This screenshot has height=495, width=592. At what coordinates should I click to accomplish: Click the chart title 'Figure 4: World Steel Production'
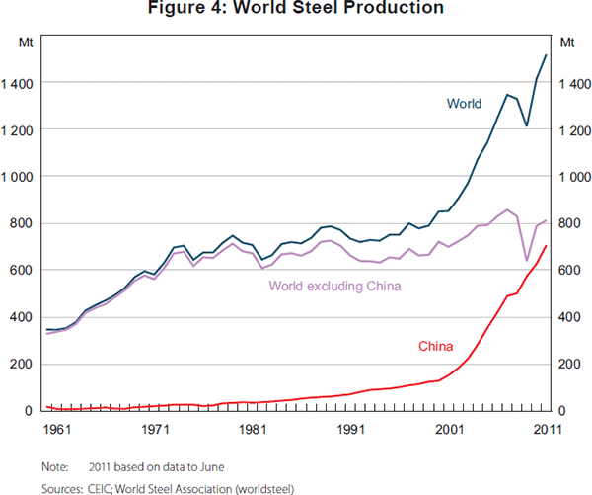click(x=295, y=9)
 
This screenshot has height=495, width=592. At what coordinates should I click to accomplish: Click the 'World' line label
click(x=464, y=103)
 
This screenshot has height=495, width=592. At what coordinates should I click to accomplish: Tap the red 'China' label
click(x=435, y=346)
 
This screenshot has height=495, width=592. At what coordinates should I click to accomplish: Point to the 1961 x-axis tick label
click(x=56, y=430)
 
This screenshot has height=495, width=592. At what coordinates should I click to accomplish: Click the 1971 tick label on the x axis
click(x=154, y=430)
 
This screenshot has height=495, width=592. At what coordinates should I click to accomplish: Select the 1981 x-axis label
click(x=252, y=430)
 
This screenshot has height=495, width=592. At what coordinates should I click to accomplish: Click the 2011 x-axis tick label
click(x=546, y=430)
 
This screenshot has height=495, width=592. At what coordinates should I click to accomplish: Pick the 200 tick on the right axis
click(x=570, y=365)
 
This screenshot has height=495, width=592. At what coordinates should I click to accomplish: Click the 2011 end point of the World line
click(x=546, y=55)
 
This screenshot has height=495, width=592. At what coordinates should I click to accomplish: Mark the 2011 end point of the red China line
click(x=546, y=246)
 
